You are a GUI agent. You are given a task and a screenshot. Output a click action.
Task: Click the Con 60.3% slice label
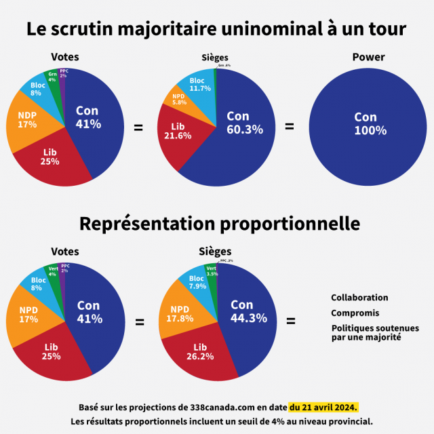point(245,123)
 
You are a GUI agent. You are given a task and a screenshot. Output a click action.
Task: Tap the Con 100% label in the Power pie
point(370,123)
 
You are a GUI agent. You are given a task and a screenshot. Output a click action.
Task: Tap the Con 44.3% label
point(248,311)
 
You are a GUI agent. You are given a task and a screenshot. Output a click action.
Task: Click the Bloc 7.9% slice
point(197,282)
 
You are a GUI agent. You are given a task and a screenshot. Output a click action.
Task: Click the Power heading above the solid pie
point(368,57)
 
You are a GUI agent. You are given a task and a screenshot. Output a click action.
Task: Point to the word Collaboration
point(359,298)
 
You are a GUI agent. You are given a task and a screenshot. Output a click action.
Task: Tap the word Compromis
point(355,313)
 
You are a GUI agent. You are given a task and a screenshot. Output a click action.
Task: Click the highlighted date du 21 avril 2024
point(323,407)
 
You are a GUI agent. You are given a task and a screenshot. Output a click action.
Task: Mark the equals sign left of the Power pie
point(289,127)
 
